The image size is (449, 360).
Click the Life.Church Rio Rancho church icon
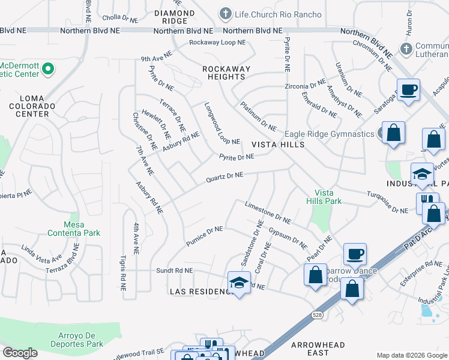pos(226,14)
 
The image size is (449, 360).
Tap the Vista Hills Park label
pos(324,197)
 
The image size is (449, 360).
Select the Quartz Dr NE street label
pos(223,176)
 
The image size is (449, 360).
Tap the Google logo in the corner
pos(20,353)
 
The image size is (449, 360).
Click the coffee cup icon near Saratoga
pos(409,90)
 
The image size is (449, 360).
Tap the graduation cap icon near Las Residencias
pos(238,282)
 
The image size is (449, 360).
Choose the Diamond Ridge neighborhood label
pos(174,17)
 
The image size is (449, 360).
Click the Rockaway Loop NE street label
pos(217,43)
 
